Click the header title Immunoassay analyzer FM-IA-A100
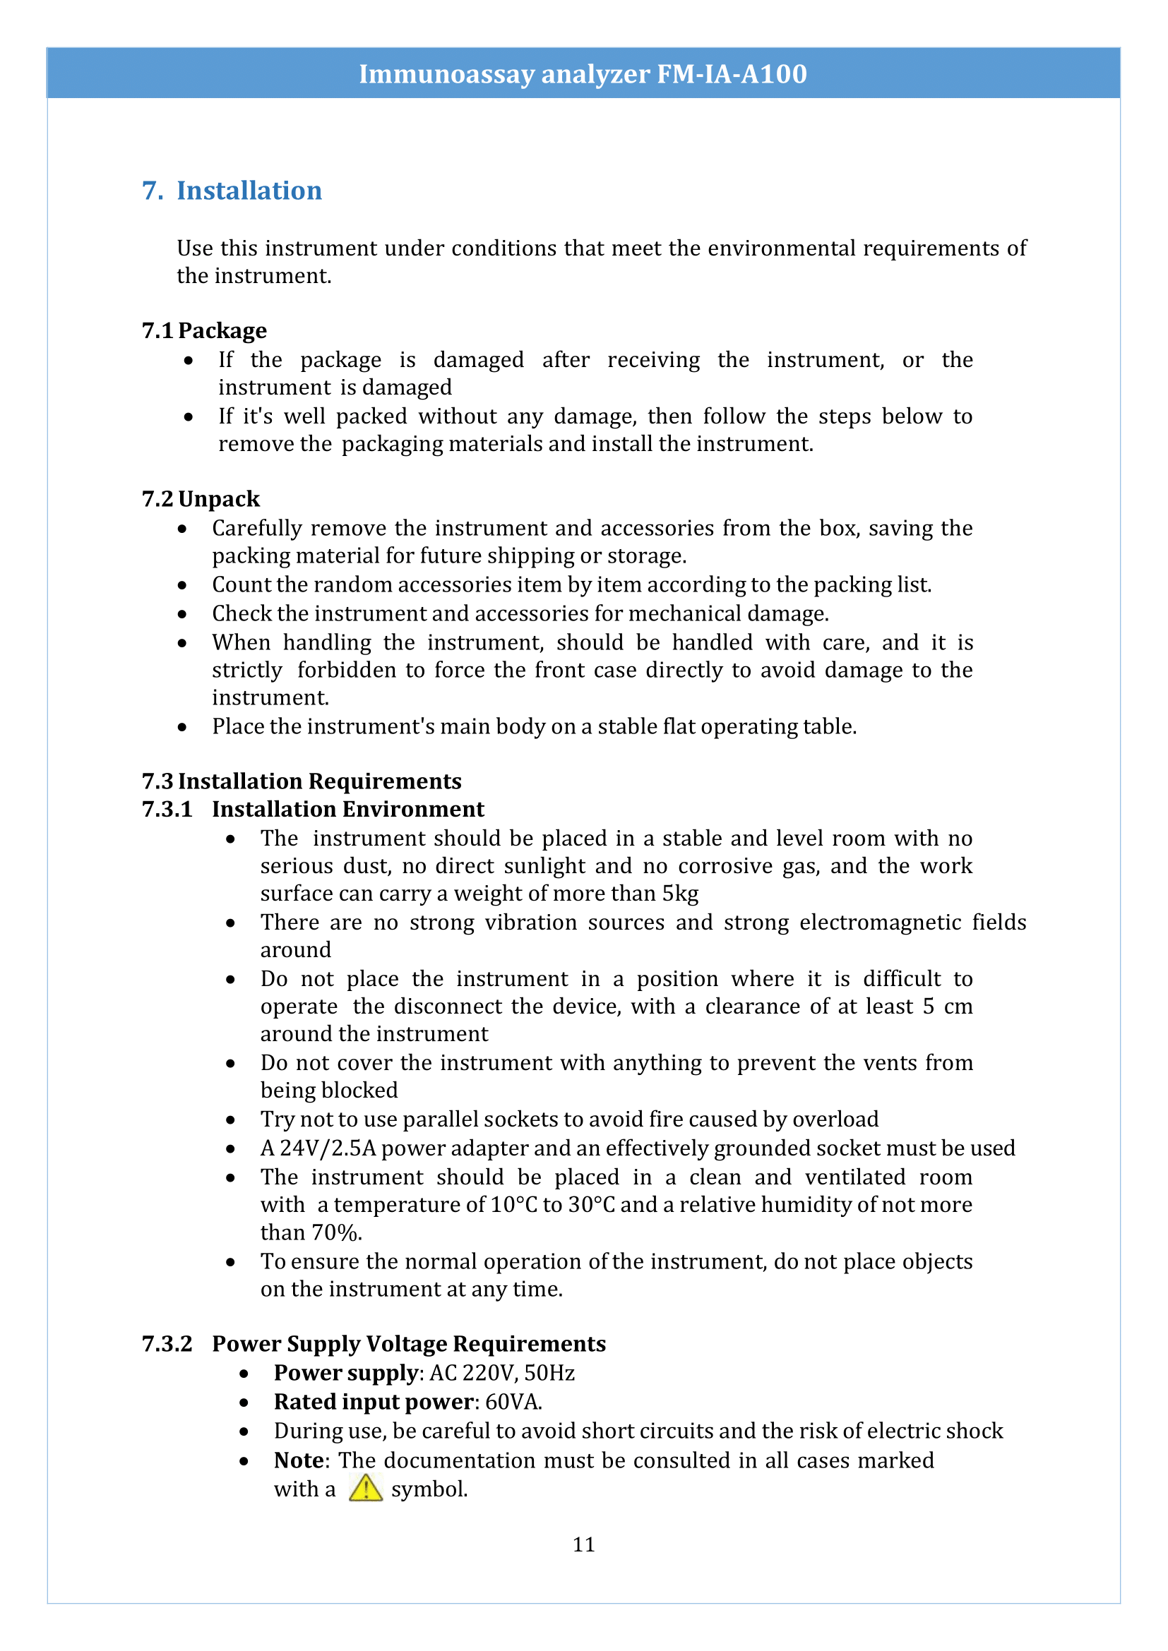583,74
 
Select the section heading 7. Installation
232,191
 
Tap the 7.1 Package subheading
204,330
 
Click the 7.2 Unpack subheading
201,498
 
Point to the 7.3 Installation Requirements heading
302,781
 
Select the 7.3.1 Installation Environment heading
313,809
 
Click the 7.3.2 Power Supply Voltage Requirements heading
374,1343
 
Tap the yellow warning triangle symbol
365,1488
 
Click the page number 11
583,1544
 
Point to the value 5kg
679,894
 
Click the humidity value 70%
335,1232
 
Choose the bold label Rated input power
374,1402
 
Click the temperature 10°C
513,1204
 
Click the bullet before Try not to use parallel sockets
230,1119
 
